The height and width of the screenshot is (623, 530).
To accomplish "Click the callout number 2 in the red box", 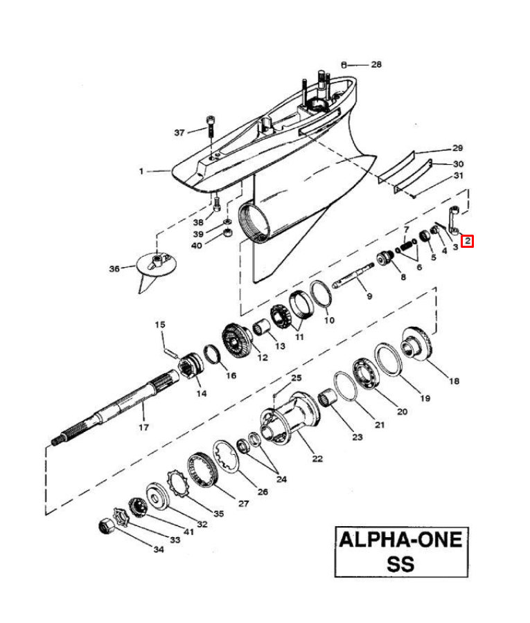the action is click(468, 240).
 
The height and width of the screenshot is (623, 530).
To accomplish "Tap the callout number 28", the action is click(376, 64).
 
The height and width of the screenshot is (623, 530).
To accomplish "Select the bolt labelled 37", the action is click(211, 127).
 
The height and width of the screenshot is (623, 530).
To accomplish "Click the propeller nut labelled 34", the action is click(106, 527).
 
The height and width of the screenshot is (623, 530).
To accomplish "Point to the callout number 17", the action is click(143, 427).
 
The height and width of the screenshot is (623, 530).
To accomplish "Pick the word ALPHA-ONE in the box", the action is click(400, 540).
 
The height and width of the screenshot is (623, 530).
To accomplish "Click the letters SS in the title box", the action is click(400, 563).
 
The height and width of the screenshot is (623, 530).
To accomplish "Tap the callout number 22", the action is click(317, 458).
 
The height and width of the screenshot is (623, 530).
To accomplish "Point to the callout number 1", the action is click(141, 171).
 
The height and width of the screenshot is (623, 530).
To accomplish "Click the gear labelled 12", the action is click(236, 341).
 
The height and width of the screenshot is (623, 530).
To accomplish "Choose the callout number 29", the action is click(458, 148).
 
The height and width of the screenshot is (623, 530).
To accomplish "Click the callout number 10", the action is click(329, 320).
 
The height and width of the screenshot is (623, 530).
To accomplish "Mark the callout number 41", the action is click(188, 532).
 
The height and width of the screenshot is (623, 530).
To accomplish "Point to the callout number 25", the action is click(297, 377).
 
